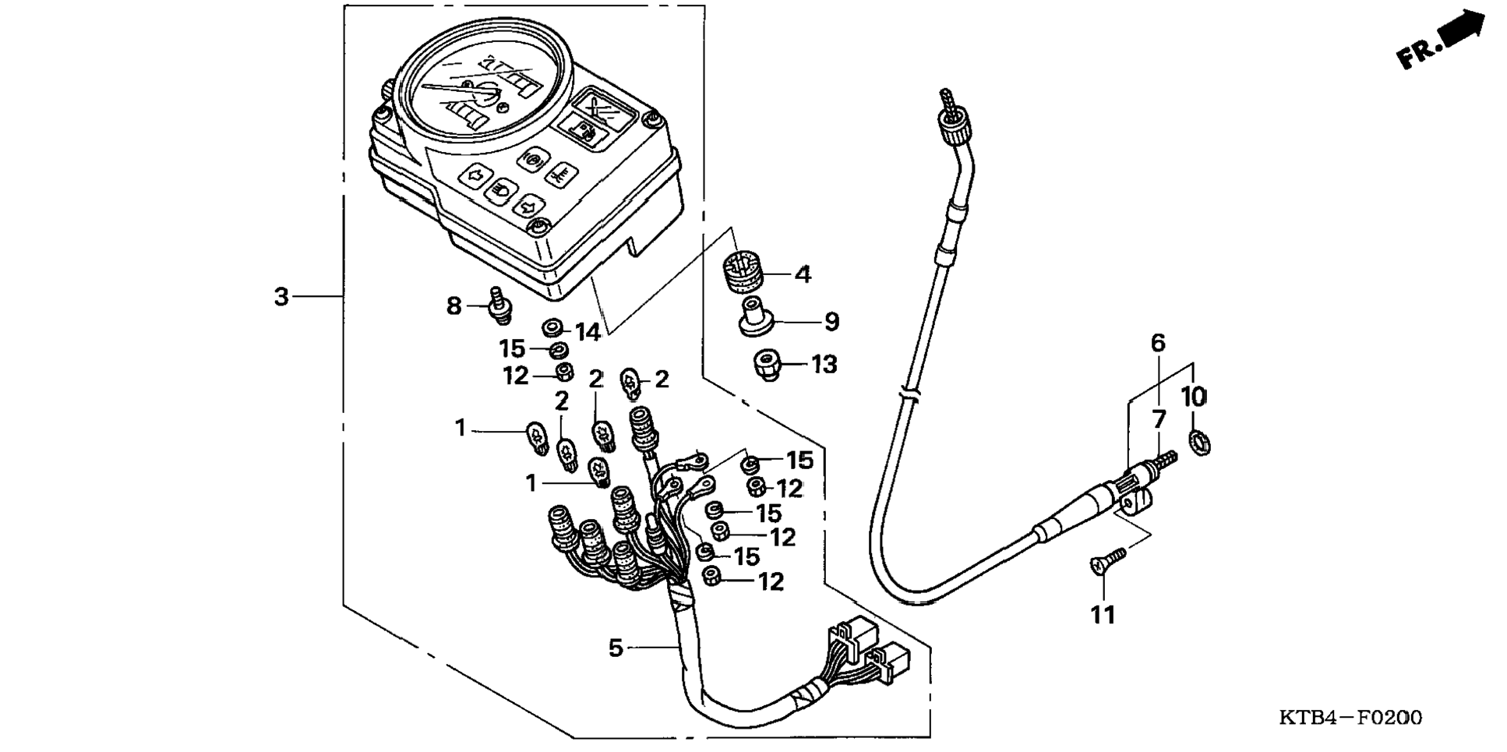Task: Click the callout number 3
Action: (281, 297)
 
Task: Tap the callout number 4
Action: (803, 274)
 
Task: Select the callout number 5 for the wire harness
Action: (616, 648)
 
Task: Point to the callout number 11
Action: (1102, 616)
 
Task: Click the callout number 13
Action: (824, 365)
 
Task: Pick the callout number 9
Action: (831, 321)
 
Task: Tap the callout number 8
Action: (454, 306)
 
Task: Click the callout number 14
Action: (588, 333)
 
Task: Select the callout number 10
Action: (1193, 397)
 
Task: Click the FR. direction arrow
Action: (1441, 43)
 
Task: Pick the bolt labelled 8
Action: (499, 305)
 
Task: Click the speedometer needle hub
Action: (488, 94)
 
